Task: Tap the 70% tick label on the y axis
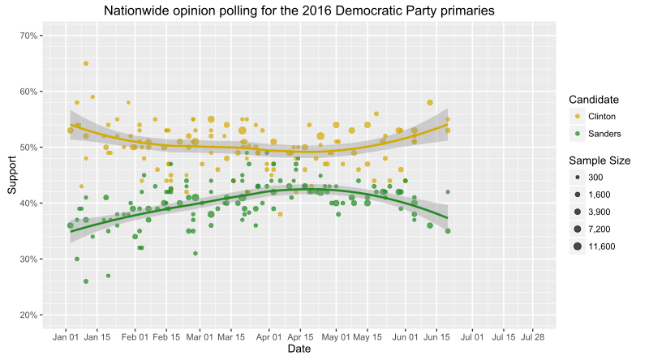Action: [30, 36]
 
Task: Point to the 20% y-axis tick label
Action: [30, 315]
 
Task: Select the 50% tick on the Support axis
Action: [30, 148]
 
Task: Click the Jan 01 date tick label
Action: [66, 336]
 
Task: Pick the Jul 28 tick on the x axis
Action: [533, 336]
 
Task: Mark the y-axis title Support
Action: [12, 175]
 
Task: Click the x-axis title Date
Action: [300, 349]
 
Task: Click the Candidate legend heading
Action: [594, 100]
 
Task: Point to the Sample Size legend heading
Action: [600, 161]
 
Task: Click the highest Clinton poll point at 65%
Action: [86, 63]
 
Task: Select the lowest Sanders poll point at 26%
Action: [86, 281]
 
